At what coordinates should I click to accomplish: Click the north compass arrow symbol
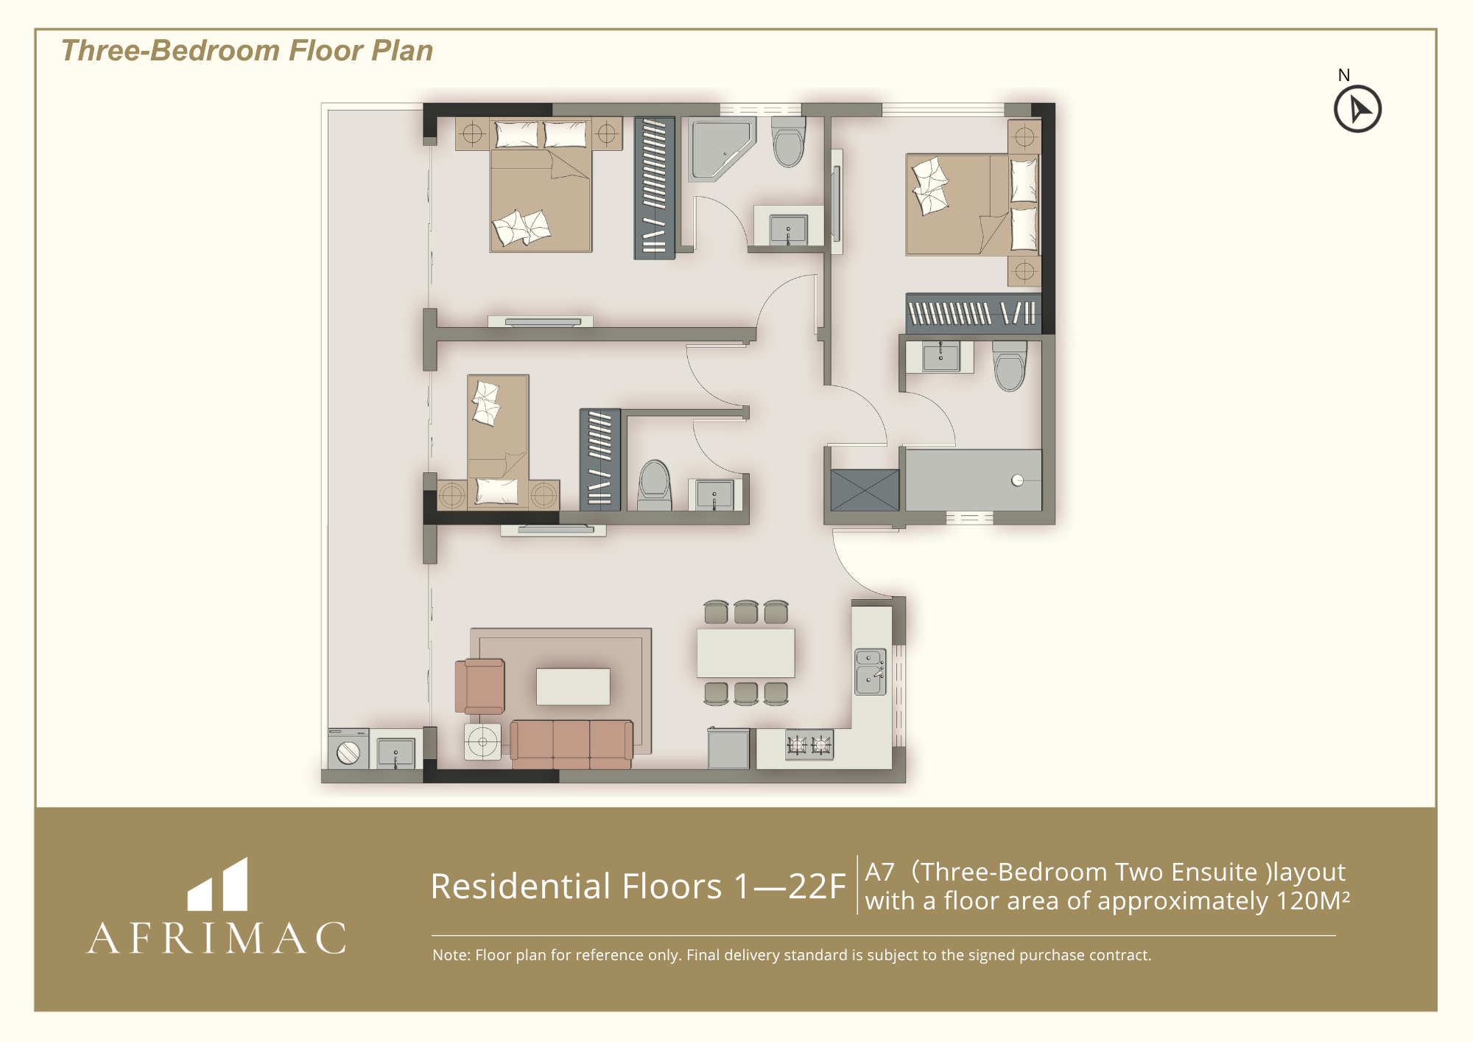point(1357,109)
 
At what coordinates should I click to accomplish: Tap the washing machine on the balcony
point(348,749)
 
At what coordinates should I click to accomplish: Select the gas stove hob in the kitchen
point(809,745)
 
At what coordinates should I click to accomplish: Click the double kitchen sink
point(870,671)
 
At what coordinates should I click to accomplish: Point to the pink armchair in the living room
point(479,686)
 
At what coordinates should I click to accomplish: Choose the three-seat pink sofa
point(572,744)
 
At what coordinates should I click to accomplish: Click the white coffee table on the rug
point(573,687)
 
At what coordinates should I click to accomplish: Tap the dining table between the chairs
point(746,653)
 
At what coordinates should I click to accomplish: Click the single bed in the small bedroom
point(498,441)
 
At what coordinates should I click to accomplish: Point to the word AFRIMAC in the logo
point(217,938)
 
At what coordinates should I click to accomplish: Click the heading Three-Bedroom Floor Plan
point(247,51)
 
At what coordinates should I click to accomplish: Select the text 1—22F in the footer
point(790,887)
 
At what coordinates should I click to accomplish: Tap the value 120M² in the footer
point(1313,901)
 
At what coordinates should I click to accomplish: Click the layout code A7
point(879,873)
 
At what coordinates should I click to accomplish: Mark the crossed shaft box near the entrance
point(865,490)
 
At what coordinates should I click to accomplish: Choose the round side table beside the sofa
point(482,741)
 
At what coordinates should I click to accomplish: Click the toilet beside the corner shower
point(789,141)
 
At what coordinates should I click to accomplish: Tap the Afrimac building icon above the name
point(217,884)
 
